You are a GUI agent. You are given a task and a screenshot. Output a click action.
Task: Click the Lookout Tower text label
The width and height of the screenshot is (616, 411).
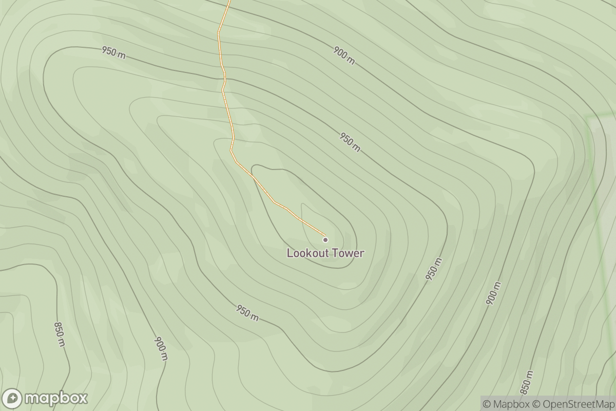coord(325,253)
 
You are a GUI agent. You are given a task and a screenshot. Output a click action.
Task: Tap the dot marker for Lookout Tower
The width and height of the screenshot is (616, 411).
coord(325,239)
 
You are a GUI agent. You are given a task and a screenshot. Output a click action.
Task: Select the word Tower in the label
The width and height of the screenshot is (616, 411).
coord(349,253)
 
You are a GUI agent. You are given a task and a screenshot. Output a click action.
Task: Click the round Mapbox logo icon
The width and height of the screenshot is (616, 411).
coord(12,399)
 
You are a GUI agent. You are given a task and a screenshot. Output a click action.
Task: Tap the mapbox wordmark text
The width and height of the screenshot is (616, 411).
coord(56,398)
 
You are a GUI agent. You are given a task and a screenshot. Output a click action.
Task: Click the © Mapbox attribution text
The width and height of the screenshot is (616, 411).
coord(506,404)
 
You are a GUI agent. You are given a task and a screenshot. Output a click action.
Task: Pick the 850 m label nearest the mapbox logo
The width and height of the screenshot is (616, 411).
coord(60,334)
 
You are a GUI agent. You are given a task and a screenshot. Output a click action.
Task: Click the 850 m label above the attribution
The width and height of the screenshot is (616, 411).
coord(527,382)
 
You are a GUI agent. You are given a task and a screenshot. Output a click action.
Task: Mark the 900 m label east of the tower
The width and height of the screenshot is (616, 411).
coord(493,293)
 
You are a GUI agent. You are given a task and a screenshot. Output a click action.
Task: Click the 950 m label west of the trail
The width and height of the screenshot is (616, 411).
coord(113,52)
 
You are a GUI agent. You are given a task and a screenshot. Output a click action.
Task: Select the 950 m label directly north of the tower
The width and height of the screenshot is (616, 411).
coord(350,142)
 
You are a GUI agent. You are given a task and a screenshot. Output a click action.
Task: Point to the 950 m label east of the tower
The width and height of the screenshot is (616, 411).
coord(434,269)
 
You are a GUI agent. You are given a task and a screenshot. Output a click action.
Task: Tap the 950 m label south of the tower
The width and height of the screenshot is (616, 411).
coord(247,312)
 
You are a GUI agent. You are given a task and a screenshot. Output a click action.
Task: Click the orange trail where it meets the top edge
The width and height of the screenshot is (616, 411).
coord(229,2)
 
